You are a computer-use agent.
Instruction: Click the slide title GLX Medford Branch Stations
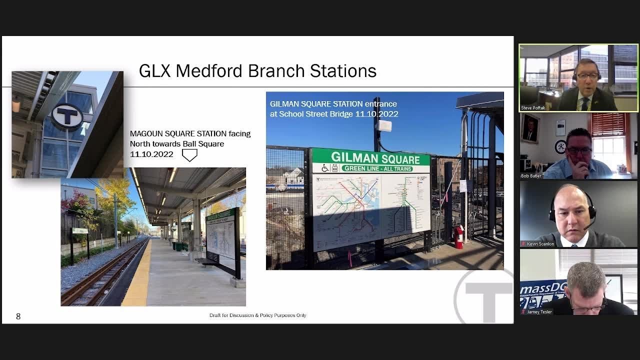click(257, 71)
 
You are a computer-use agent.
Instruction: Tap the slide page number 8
click(18, 316)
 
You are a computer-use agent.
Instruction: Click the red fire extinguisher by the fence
click(458, 236)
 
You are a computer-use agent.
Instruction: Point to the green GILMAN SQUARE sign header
click(370, 158)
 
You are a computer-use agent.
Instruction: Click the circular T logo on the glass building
click(67, 116)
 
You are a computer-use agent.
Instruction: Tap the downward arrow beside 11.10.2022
click(189, 155)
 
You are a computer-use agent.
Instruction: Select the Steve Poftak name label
click(533, 107)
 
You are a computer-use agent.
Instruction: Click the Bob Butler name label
click(531, 176)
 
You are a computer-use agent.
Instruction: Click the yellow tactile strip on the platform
click(137, 275)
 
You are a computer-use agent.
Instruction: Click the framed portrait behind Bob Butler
click(530, 127)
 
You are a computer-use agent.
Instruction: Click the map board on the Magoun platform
click(220, 240)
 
